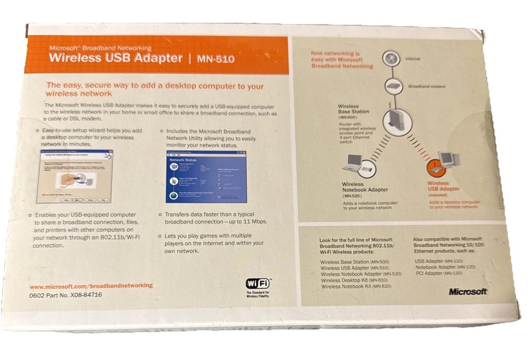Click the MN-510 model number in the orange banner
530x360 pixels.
click(215, 58)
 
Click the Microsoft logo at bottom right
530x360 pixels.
click(467, 292)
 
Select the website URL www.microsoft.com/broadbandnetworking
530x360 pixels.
click(91, 285)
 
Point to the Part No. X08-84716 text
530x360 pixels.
click(66, 295)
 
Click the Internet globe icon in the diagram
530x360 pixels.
click(391, 57)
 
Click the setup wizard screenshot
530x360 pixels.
click(77, 177)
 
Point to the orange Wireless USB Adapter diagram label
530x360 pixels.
click(443, 186)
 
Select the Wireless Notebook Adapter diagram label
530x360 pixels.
click(365, 187)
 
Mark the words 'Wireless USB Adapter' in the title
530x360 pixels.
click(116, 58)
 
